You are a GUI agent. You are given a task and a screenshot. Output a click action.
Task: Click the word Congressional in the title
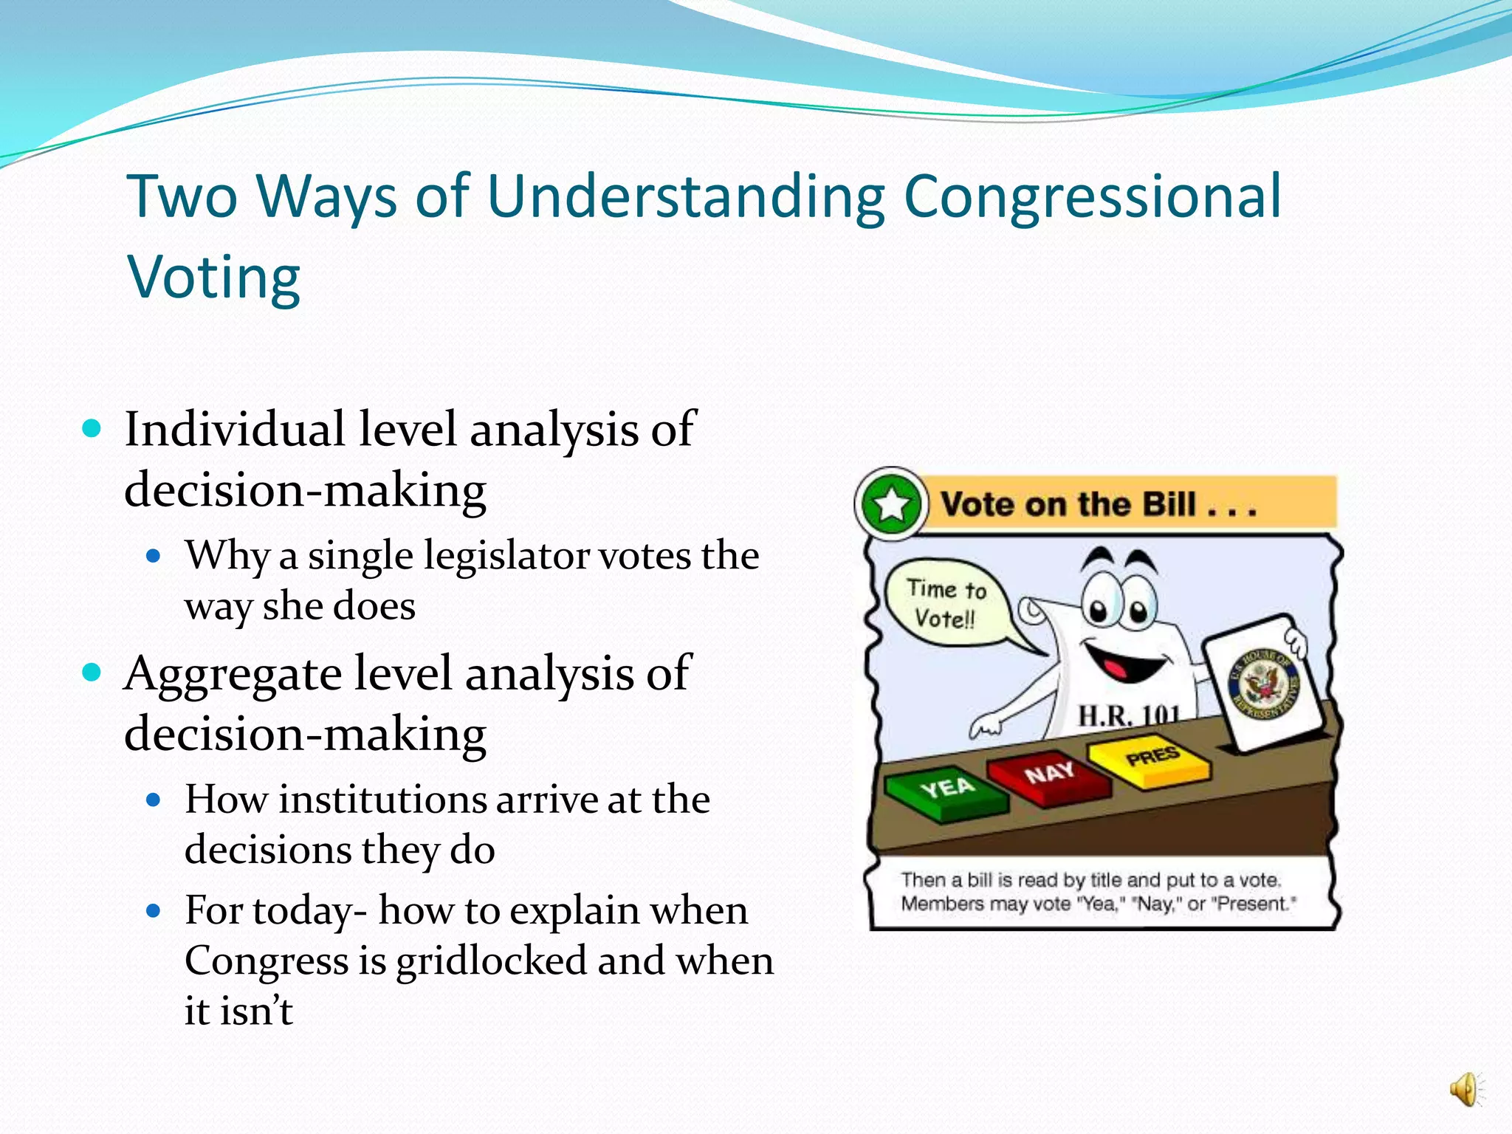(x=1093, y=198)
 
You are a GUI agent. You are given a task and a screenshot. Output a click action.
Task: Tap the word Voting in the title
(x=214, y=279)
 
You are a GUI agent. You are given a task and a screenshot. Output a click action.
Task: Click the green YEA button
(x=947, y=791)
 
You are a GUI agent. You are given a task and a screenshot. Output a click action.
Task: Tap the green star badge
(x=892, y=505)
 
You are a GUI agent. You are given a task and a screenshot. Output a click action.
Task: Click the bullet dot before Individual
(x=92, y=429)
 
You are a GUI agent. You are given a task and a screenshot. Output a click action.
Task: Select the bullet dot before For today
(x=154, y=911)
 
